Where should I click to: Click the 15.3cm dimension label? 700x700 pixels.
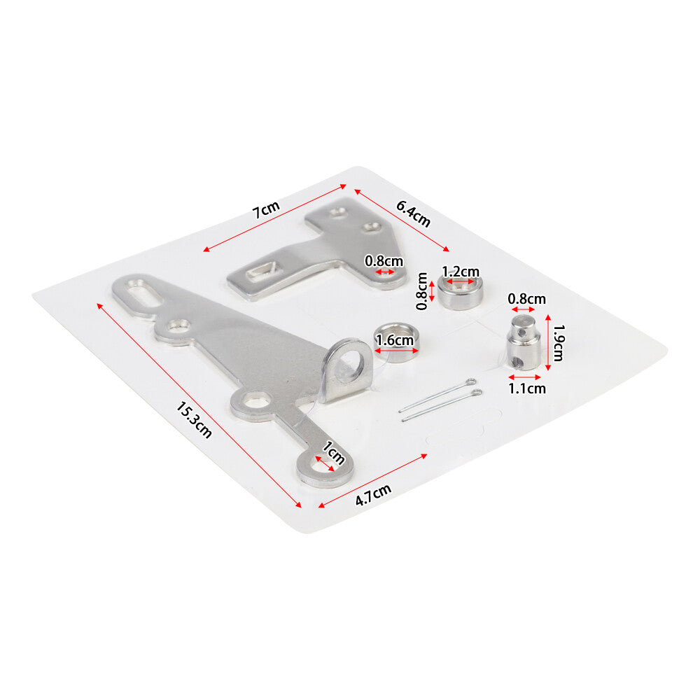pos(194,419)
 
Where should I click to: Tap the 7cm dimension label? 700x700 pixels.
pos(266,209)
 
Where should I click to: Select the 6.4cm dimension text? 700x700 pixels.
pos(414,213)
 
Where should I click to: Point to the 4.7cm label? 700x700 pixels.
pos(373,495)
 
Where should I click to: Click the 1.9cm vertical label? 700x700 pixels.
pos(559,342)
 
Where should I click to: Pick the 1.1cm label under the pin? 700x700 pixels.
pos(527,388)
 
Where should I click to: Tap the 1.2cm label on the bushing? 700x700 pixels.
pos(461,272)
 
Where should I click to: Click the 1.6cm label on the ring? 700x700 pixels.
pos(395,340)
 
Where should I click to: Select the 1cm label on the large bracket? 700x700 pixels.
pos(333,453)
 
